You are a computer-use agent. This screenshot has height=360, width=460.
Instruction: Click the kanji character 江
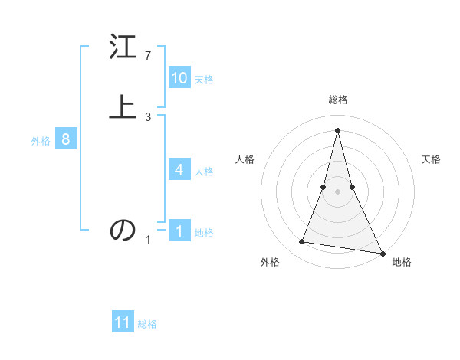[x=123, y=48]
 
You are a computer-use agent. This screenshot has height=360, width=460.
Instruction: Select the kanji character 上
[x=123, y=107]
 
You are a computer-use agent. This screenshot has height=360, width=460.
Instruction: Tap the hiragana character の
[x=123, y=230]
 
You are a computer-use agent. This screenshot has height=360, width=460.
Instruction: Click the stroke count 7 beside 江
[x=148, y=56]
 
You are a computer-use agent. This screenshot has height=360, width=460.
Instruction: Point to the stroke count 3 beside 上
[x=148, y=116]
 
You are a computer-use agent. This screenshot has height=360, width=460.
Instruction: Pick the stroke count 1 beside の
[x=148, y=240]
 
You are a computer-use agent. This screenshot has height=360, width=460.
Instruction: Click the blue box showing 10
[x=179, y=78]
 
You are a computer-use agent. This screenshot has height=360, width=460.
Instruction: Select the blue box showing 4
[x=179, y=170]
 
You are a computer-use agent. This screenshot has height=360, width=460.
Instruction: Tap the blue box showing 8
[x=66, y=139]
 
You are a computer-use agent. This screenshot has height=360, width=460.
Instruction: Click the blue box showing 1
[x=179, y=231]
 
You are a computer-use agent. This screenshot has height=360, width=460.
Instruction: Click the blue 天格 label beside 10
[x=204, y=80]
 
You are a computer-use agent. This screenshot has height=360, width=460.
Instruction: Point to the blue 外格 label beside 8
[x=41, y=141]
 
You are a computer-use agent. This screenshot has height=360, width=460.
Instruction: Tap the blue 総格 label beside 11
[x=147, y=324]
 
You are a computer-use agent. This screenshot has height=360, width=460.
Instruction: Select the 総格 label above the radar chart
[x=338, y=100]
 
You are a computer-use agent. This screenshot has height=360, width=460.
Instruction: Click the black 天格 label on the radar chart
[x=432, y=159]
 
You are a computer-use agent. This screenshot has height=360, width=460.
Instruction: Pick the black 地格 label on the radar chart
[x=402, y=262]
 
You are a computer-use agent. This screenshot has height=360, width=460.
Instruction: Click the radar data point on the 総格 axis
[x=338, y=129]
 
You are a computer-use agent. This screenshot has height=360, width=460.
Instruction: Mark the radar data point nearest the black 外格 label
[x=302, y=242]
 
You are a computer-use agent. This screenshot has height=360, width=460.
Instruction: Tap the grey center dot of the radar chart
[x=338, y=191]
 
